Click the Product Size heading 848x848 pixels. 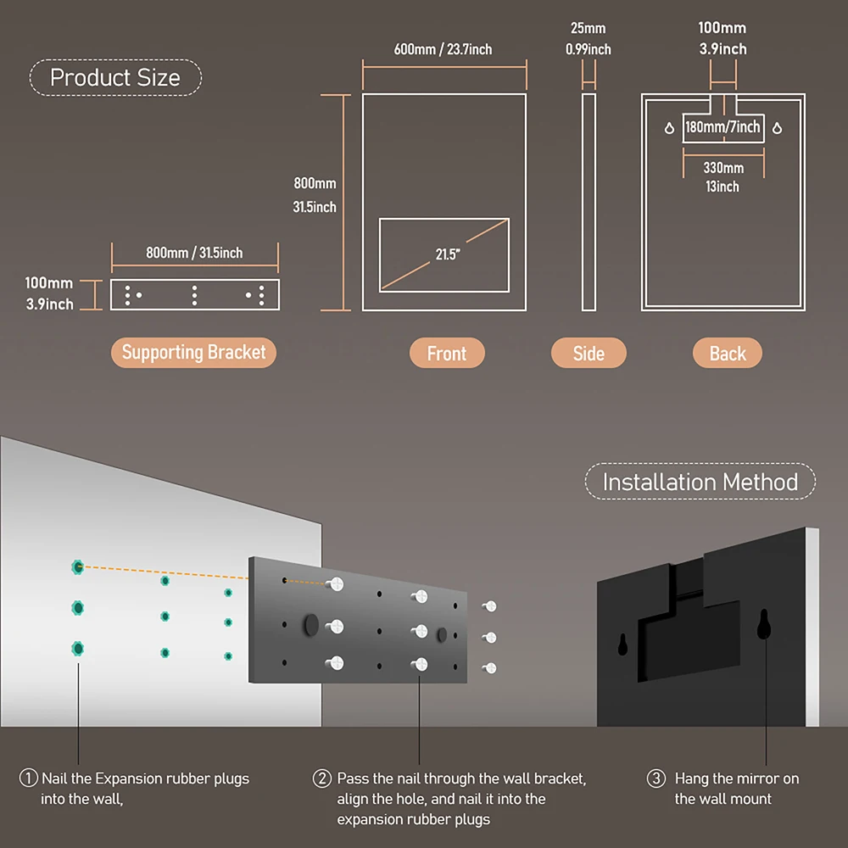coord(115,78)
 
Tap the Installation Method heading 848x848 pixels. coord(700,483)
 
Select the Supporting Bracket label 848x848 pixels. coord(193,353)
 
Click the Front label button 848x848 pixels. coord(446,354)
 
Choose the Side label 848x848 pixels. coord(589,354)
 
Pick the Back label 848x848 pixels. coord(728,354)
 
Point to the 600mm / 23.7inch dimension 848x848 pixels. coord(443,49)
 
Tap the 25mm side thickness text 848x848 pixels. coord(588,29)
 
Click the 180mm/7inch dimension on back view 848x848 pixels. coord(722,128)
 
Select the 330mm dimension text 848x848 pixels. coord(723,168)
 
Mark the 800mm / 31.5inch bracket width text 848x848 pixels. coord(194,253)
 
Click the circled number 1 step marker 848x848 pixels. coord(28,778)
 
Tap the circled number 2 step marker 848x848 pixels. coord(322,778)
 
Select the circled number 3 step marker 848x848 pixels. coord(656,778)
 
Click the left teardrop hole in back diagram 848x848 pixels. coord(670,129)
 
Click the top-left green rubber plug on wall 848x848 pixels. coord(78,566)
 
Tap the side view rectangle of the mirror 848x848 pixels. coord(589,202)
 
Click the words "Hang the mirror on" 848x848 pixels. coord(736,778)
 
